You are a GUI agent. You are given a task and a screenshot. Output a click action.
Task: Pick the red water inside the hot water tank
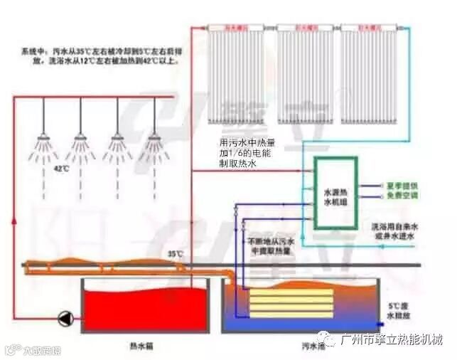coord(141,307)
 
